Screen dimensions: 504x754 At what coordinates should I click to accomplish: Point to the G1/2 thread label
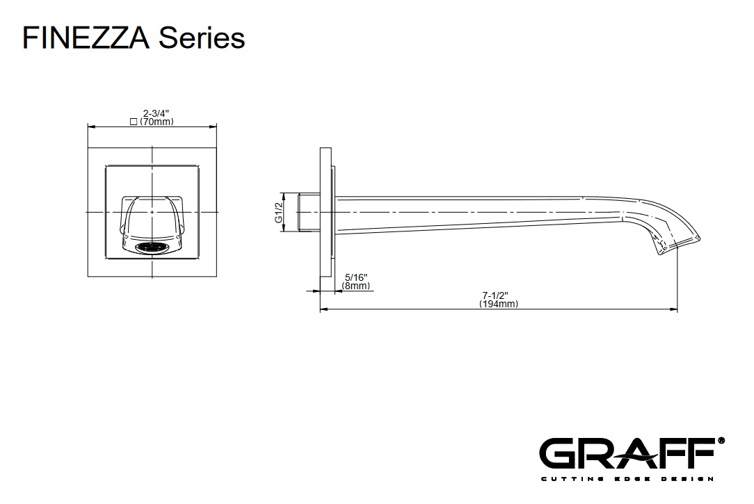tap(278, 212)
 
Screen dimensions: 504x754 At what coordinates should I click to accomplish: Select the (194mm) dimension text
tap(499, 304)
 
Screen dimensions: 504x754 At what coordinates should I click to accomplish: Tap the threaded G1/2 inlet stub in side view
tap(307, 212)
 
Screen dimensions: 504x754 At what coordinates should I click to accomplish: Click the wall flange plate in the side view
tap(326, 212)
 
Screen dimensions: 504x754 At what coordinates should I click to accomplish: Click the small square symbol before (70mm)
tap(134, 122)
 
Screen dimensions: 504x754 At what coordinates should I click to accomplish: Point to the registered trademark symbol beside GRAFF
tap(721, 441)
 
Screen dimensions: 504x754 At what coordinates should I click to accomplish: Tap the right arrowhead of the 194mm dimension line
tap(675, 309)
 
